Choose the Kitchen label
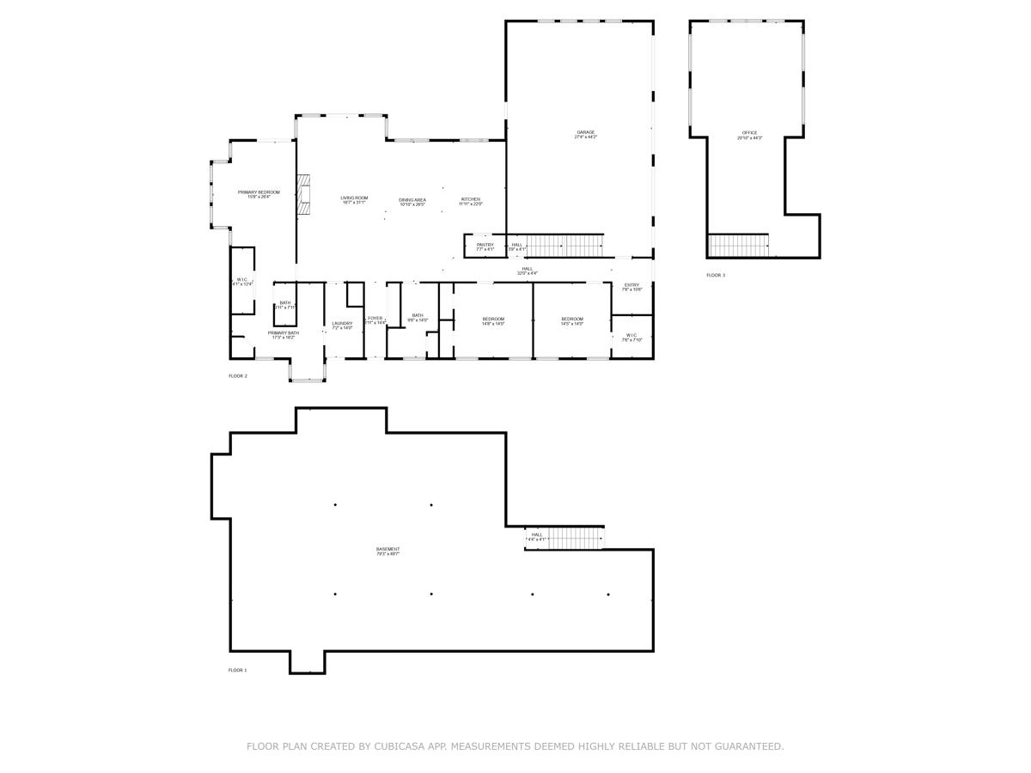470,201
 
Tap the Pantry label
485,247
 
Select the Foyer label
375,320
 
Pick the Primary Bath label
283,335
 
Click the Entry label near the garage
631,287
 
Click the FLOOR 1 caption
237,670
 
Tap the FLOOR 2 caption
237,376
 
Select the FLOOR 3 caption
716,275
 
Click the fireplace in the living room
303,195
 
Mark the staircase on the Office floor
738,246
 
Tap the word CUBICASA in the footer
402,746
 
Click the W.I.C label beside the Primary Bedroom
242,282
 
